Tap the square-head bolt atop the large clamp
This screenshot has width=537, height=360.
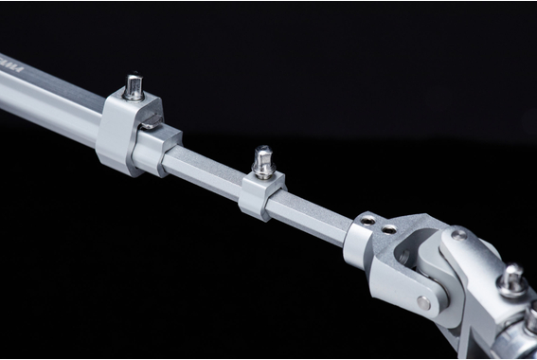pyautogui.click(x=134, y=87)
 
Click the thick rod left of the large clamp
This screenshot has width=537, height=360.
pyautogui.click(x=47, y=95)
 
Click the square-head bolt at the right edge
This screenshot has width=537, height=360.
pyautogui.click(x=513, y=277)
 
